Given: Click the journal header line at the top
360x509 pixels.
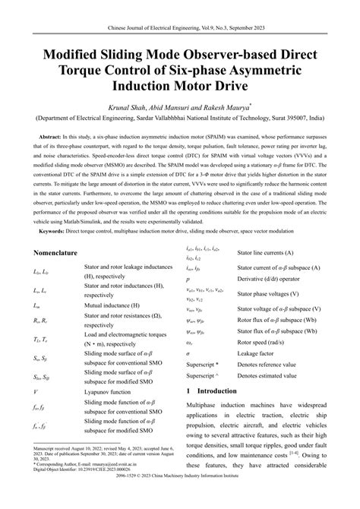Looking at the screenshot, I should tap(179, 13).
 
